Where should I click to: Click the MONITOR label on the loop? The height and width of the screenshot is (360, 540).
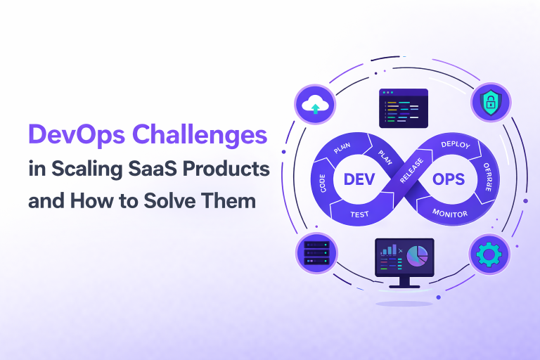pyautogui.click(x=450, y=212)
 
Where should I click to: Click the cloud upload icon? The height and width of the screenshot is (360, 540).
pyautogui.click(x=313, y=105)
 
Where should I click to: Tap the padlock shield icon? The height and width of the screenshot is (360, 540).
pyautogui.click(x=489, y=105)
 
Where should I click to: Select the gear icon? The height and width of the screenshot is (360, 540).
pyautogui.click(x=488, y=255)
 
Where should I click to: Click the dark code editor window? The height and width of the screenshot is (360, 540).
pyautogui.click(x=403, y=108)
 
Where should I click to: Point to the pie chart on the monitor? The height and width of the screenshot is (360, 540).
pyautogui.click(x=417, y=256)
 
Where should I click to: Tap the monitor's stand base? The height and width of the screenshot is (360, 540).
pyautogui.click(x=404, y=285)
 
